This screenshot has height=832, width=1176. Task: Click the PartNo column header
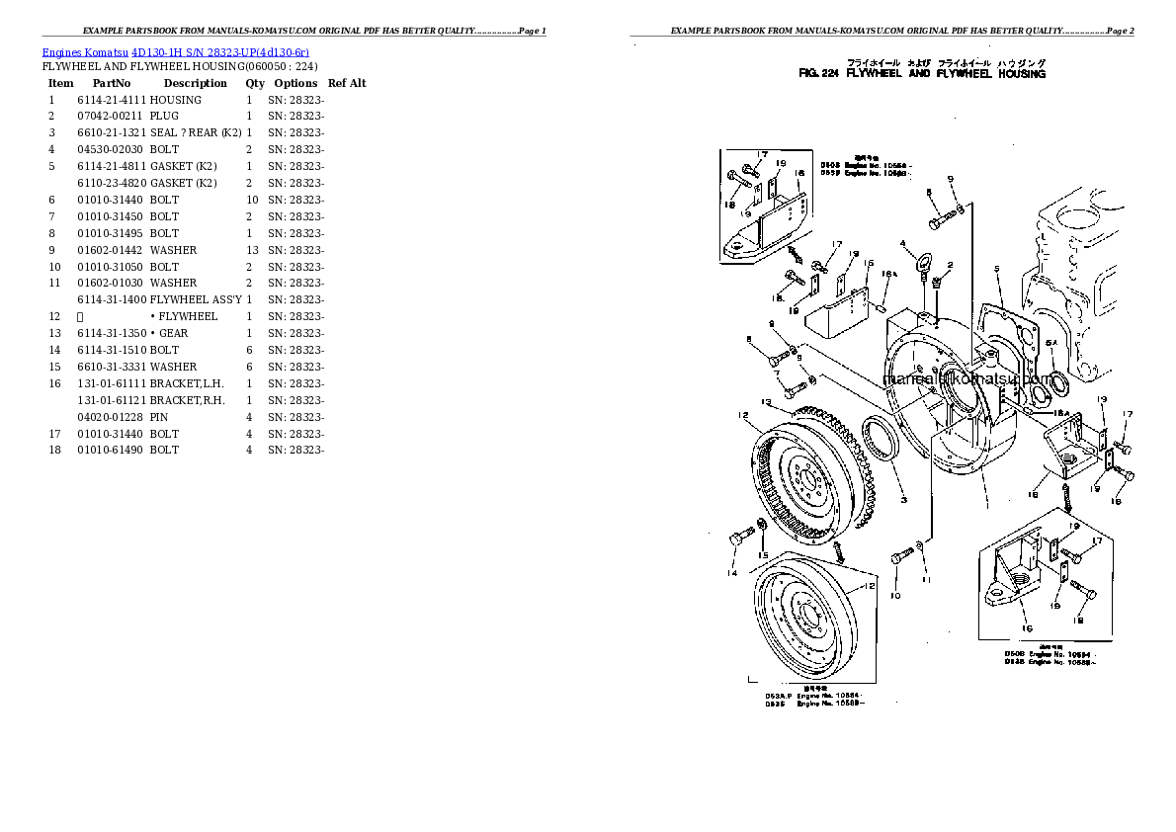[112, 84]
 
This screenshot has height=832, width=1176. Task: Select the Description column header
[195, 84]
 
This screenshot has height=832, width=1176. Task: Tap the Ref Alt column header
[347, 84]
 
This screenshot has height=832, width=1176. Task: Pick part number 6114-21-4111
[112, 101]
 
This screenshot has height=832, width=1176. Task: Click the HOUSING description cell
[176, 101]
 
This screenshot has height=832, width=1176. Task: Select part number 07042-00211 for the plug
[110, 117]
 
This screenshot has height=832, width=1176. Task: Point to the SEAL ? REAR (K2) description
[196, 133]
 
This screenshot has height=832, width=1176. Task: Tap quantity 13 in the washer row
[252, 251]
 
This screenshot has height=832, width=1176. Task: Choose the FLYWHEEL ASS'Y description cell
[196, 300]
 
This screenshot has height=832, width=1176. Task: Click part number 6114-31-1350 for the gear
[112, 334]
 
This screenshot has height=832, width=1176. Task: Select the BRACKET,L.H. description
[188, 384]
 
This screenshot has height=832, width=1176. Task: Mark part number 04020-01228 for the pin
[110, 418]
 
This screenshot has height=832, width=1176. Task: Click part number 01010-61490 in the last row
[112, 451]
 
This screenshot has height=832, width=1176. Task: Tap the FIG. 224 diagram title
[921, 75]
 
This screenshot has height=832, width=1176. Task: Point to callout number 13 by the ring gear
[767, 401]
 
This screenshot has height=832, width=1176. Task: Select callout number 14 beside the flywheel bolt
[732, 573]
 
